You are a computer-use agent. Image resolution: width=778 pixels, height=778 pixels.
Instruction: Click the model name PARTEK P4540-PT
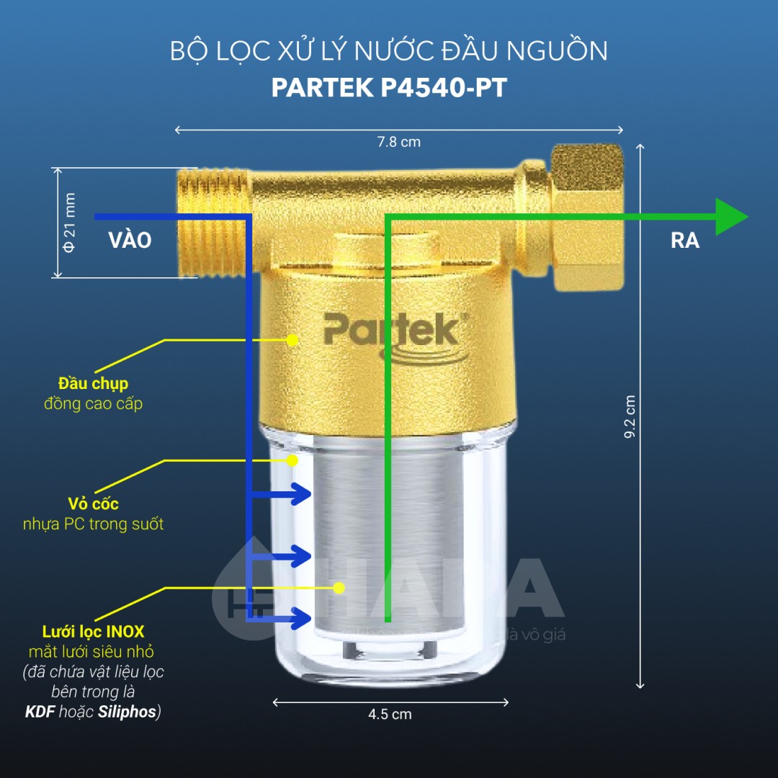(389, 87)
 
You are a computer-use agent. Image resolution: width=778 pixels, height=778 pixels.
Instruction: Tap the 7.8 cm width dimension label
(398, 142)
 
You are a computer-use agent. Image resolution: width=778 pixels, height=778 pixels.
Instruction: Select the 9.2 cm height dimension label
(630, 417)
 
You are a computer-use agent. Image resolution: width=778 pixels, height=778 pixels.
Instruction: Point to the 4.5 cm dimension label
(390, 715)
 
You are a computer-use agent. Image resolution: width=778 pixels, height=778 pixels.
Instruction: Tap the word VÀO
(130, 241)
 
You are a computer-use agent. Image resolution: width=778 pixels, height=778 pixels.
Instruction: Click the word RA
(684, 241)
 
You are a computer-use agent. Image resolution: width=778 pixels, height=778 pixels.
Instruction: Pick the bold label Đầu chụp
(94, 383)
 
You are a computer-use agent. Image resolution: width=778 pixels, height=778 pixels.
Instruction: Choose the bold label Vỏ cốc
(93, 503)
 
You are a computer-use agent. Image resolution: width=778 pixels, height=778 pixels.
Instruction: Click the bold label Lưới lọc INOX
(93, 632)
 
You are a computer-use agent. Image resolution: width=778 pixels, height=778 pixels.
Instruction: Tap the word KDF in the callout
(40, 712)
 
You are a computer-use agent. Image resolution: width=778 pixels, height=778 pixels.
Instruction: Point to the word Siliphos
(127, 712)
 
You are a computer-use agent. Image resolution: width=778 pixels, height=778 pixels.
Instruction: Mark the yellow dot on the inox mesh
(339, 588)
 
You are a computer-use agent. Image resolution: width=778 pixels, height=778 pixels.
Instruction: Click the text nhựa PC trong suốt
(93, 524)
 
